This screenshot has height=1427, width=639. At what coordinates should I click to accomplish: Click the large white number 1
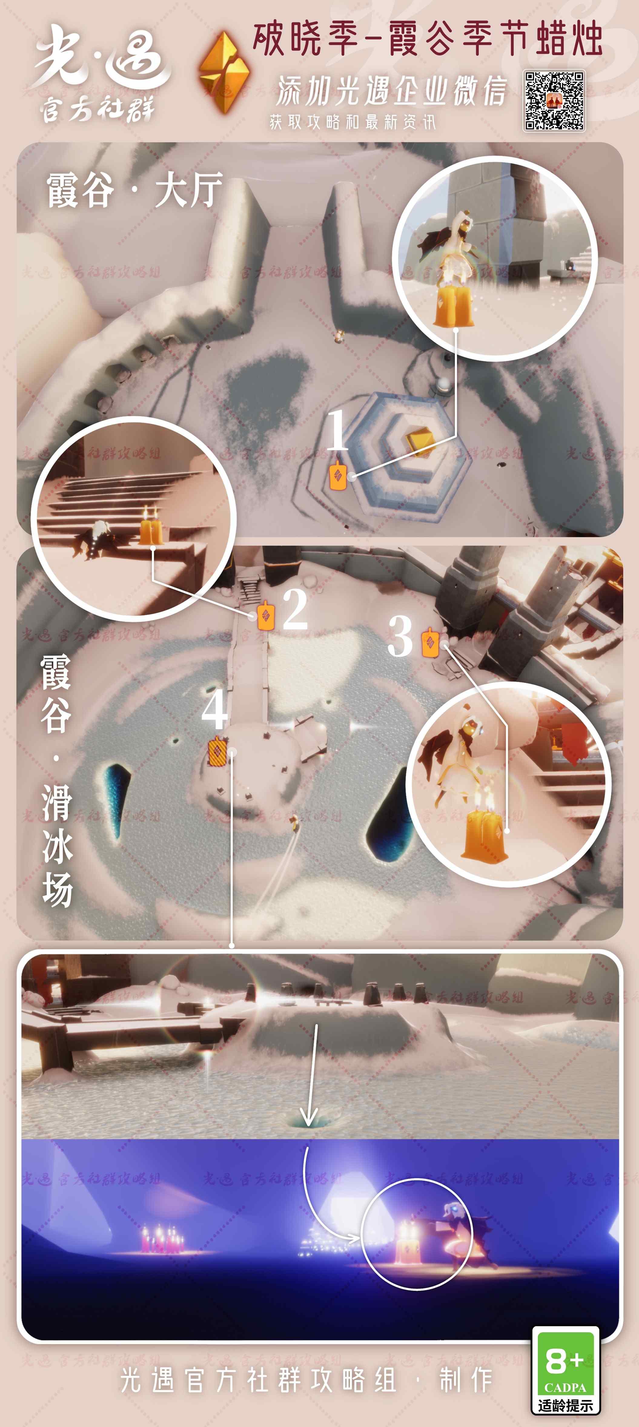click(x=337, y=430)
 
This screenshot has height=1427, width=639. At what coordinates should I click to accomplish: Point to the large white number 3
click(x=400, y=637)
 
